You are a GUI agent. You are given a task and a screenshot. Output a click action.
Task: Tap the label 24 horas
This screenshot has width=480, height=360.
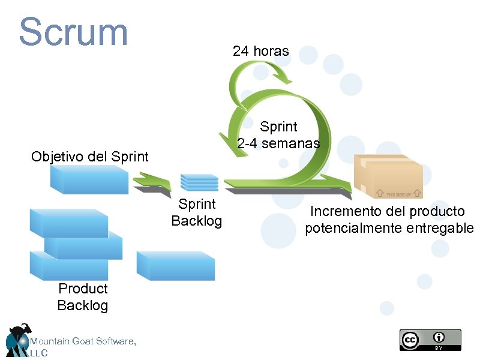click(260, 51)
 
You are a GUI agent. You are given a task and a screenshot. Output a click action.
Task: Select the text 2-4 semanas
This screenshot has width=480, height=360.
click(278, 143)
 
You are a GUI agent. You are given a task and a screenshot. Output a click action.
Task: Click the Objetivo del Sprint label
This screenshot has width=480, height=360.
click(89, 157)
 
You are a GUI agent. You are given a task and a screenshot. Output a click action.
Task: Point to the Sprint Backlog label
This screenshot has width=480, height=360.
click(196, 212)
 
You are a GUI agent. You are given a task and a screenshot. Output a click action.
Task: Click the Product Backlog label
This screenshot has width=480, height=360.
click(83, 297)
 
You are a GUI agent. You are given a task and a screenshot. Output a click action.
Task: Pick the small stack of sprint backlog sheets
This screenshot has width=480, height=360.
click(199, 182)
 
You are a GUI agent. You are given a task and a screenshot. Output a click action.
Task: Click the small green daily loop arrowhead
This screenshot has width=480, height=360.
click(281, 78)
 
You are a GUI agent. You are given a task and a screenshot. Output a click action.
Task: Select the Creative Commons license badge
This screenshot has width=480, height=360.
click(430, 340)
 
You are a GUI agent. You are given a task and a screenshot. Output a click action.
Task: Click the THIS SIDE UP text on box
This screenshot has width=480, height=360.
click(398, 194)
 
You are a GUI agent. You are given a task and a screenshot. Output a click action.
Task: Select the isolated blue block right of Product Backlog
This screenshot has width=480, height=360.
click(175, 265)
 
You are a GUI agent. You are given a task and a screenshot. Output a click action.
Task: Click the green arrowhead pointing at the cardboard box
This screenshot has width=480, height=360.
click(339, 183)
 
